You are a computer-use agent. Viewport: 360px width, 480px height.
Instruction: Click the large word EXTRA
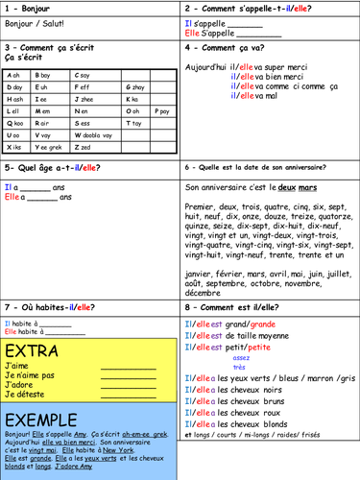coord(37,349)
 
